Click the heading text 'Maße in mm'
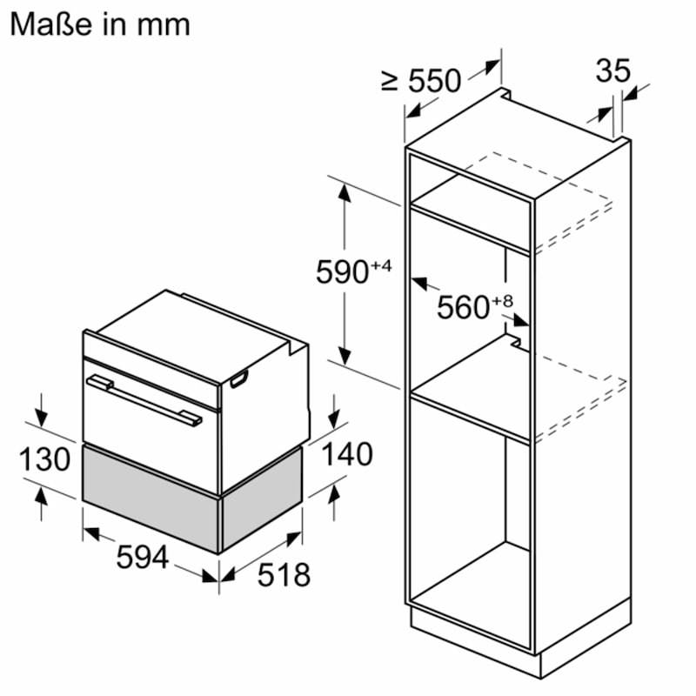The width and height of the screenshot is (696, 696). pos(100,23)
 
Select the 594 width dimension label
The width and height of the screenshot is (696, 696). pos(142,558)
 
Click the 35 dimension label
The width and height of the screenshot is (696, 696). pos(612,70)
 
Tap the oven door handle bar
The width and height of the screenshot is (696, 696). pos(144,398)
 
